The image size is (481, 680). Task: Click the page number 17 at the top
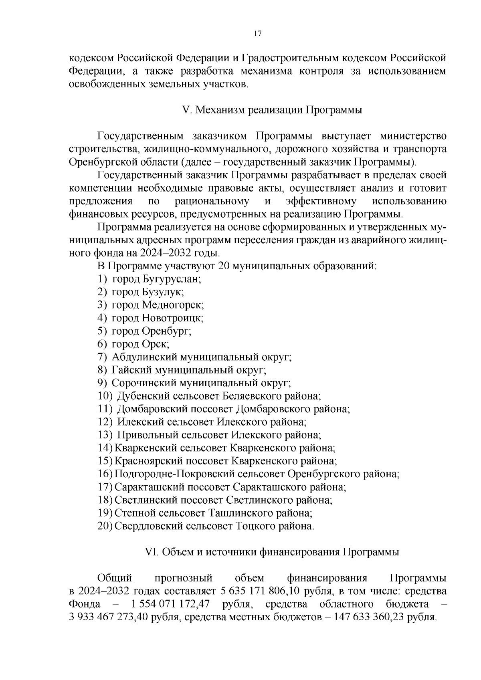tap(257, 34)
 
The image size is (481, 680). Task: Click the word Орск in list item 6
tap(155, 344)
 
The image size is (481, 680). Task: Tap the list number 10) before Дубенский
tap(105, 396)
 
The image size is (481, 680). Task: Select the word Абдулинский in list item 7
tap(145, 357)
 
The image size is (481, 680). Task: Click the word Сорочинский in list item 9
tap(144, 383)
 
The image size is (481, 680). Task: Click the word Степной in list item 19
tap(134, 513)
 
